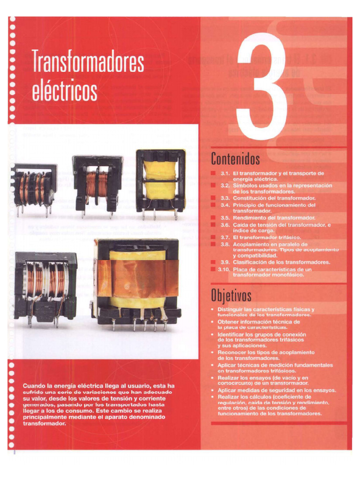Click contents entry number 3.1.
click(x=224, y=173)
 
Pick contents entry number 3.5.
click(x=224, y=218)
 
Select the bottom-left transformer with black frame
click(x=45, y=287)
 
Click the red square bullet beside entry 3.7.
click(x=213, y=238)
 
